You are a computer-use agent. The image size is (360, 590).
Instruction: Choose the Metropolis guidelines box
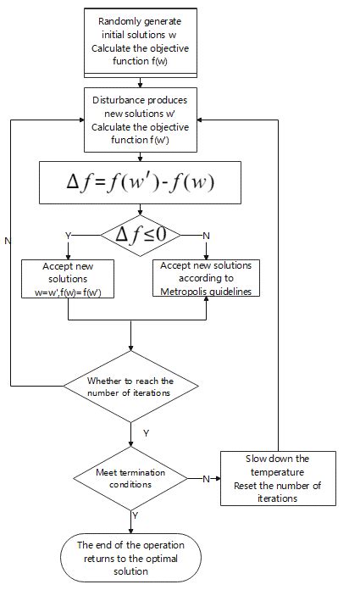(207, 278)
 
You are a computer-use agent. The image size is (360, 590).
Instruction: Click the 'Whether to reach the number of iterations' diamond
(130, 386)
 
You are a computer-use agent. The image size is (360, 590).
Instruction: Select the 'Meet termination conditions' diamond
(130, 477)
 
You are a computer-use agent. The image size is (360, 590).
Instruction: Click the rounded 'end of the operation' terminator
(130, 557)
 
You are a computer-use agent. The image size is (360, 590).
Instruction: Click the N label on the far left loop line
(8, 242)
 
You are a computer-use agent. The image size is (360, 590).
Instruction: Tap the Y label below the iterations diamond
(145, 433)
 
